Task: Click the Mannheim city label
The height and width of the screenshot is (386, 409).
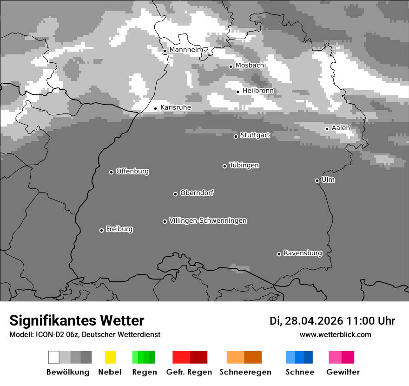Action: click(186, 50)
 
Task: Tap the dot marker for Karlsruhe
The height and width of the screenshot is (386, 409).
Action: click(156, 108)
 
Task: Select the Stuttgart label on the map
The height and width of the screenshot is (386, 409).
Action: click(255, 135)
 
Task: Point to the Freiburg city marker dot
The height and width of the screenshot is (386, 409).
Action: click(101, 230)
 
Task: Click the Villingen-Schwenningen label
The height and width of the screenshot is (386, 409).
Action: click(208, 221)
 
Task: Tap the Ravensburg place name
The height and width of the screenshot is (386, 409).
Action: click(303, 253)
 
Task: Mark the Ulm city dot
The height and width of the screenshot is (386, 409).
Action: click(317, 180)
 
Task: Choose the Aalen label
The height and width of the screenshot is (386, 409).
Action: click(341, 128)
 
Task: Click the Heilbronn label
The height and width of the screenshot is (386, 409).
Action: click(258, 91)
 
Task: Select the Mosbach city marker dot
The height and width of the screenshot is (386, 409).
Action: click(231, 67)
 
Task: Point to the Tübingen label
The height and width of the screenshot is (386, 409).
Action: click(244, 166)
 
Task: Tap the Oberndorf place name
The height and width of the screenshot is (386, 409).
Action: click(197, 193)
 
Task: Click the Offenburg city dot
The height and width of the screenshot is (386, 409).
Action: click(111, 172)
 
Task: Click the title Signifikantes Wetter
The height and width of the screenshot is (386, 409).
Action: click(77, 320)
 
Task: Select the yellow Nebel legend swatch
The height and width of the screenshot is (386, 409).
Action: click(110, 357)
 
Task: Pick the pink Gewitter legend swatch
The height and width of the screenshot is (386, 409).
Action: click(335, 357)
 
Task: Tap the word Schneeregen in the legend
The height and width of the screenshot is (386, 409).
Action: click(245, 372)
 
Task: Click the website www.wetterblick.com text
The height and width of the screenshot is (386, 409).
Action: click(335, 334)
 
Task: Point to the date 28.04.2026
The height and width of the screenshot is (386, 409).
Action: click(314, 321)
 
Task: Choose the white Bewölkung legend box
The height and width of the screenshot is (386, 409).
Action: click(53, 357)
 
